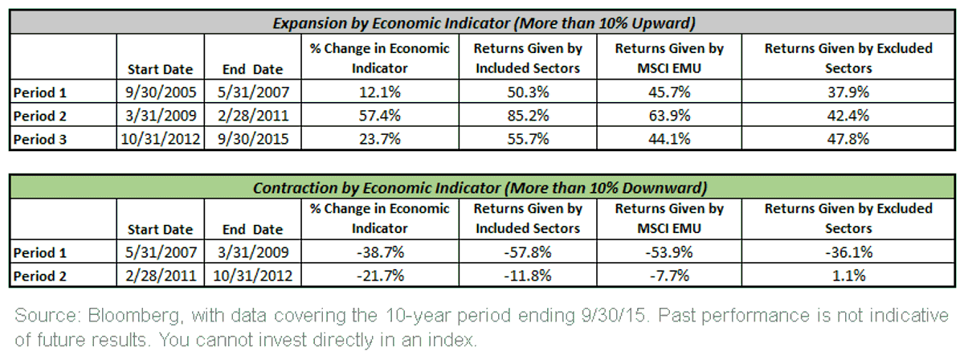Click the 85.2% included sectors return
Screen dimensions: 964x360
528,116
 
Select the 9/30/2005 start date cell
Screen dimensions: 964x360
161,92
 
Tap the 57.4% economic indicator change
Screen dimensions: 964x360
379,116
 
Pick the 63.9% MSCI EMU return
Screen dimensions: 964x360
669,116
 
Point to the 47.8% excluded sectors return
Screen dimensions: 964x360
848,139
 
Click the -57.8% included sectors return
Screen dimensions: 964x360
528,252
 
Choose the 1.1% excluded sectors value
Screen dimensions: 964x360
848,276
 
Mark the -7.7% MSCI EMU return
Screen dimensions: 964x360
669,276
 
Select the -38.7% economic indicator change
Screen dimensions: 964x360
380,252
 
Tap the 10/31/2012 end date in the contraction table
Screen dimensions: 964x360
252,276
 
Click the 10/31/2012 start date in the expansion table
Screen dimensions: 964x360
161,139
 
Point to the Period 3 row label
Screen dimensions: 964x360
40,140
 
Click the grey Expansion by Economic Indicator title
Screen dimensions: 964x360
484,22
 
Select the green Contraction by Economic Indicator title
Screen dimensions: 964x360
480,188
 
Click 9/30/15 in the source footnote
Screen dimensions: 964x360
615,316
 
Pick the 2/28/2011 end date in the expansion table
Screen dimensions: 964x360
252,116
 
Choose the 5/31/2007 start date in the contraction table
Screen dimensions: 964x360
161,252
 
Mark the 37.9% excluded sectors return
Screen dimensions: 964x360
848,92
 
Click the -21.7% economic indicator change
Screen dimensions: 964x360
380,276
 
